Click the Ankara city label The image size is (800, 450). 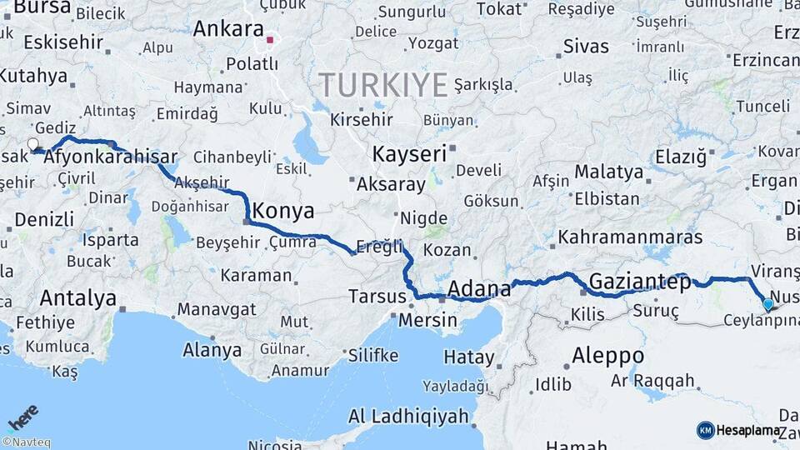[227, 28]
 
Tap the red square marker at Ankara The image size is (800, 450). [269, 38]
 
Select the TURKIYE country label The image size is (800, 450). [382, 84]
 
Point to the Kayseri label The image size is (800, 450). [409, 154]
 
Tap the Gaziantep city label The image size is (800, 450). [640, 282]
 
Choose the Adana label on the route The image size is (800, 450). [479, 289]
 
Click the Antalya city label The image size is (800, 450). [78, 297]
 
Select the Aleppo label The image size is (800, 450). [607, 356]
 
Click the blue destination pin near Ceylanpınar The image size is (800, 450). [768, 305]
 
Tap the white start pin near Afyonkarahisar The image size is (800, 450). [33, 145]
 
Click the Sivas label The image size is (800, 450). [586, 46]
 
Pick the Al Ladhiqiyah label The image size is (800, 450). [407, 417]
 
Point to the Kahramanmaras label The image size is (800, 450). [630, 237]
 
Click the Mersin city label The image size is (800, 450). [428, 320]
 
